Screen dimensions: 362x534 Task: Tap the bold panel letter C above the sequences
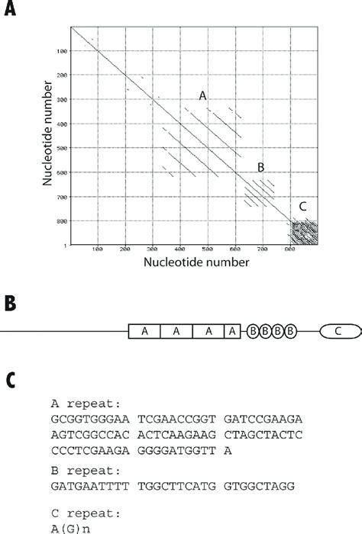click(11, 378)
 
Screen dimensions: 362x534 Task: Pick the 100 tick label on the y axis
click(61, 51)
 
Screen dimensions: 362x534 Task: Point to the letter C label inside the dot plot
click(303, 206)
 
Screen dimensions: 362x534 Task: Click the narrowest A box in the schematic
click(231, 331)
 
